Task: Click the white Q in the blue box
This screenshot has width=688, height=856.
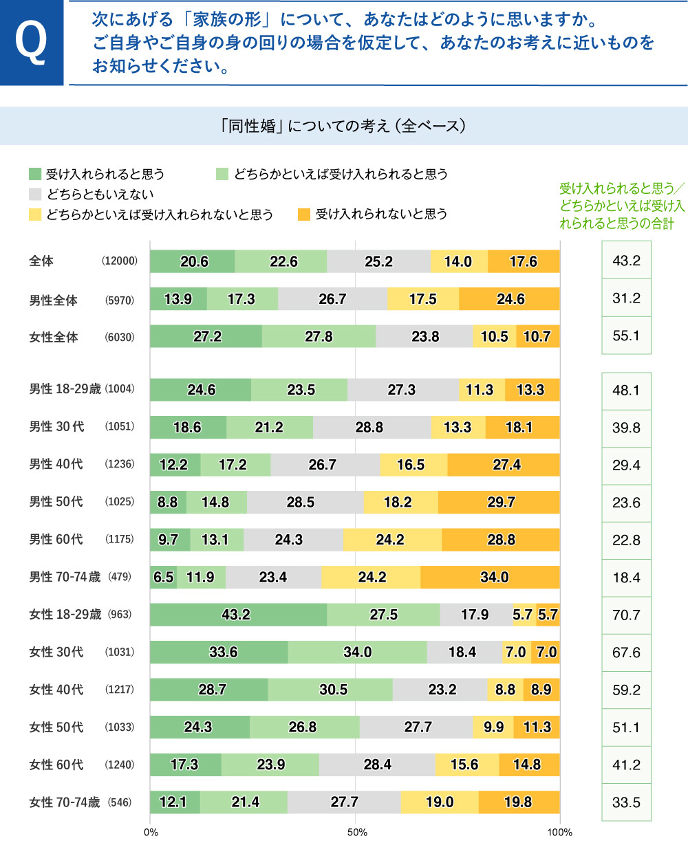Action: pyautogui.click(x=31, y=43)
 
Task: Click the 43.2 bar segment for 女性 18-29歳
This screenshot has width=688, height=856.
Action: pyautogui.click(x=236, y=615)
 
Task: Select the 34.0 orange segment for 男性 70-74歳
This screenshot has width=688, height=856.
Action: pyautogui.click(x=493, y=577)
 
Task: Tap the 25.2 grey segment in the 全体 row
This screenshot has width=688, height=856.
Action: pyautogui.click(x=378, y=261)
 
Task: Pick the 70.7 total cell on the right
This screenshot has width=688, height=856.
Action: pyautogui.click(x=626, y=615)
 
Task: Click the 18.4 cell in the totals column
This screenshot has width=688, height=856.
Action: pyautogui.click(x=626, y=578)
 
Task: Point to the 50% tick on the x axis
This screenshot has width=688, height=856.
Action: pyautogui.click(x=356, y=833)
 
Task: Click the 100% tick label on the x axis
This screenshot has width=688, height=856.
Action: pyautogui.click(x=559, y=833)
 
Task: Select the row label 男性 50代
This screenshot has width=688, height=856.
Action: pyautogui.click(x=56, y=502)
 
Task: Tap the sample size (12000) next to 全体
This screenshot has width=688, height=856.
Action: pyautogui.click(x=120, y=261)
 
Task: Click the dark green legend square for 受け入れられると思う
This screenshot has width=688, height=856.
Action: pyautogui.click(x=35, y=174)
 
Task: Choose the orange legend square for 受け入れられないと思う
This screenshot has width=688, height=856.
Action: pyautogui.click(x=304, y=215)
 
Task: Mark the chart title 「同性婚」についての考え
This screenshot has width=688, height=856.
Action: pyautogui.click(x=343, y=126)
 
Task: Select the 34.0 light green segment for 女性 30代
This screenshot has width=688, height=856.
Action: pyautogui.click(x=357, y=652)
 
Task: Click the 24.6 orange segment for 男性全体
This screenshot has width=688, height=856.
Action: pyautogui.click(x=510, y=299)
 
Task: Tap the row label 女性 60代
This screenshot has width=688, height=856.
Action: pyautogui.click(x=56, y=765)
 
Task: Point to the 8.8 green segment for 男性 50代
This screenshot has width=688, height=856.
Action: pyautogui.click(x=167, y=502)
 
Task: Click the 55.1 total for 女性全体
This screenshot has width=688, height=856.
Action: pyautogui.click(x=626, y=336)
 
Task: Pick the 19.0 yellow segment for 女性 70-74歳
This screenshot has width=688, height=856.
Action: pyautogui.click(x=439, y=802)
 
